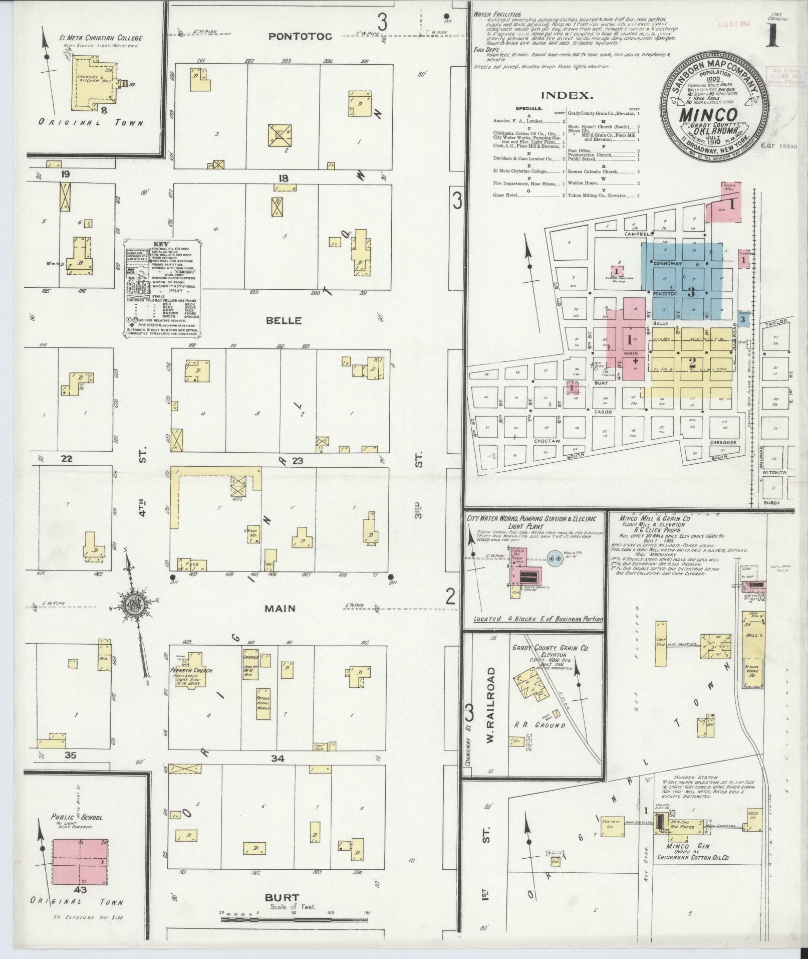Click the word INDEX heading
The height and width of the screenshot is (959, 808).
567,95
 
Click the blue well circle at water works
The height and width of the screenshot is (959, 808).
554,558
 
